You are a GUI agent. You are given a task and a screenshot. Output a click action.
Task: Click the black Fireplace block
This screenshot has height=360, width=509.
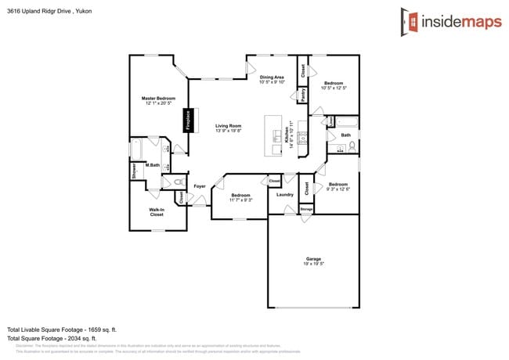[188, 120]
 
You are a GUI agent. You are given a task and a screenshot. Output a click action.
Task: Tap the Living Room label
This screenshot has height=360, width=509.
[229, 126]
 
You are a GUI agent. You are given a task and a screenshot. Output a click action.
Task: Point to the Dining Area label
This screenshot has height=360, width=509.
[272, 77]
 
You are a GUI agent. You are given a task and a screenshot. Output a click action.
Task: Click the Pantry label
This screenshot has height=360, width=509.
[303, 95]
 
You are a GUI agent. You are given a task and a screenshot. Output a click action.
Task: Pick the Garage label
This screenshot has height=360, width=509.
[313, 259]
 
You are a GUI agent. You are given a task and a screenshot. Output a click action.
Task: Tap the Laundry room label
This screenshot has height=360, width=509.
[285, 195]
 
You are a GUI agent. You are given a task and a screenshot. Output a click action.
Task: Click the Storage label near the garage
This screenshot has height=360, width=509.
[306, 209]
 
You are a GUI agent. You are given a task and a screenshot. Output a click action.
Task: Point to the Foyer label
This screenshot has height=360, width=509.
[200, 186]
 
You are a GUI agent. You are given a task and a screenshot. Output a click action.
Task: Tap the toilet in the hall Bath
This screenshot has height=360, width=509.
[352, 146]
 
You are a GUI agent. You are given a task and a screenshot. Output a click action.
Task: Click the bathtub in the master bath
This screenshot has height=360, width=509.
[138, 149]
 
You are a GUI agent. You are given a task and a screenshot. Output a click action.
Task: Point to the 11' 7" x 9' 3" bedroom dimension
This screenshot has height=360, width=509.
[240, 200]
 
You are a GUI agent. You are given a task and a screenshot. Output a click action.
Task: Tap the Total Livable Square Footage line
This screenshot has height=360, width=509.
[62, 329]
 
